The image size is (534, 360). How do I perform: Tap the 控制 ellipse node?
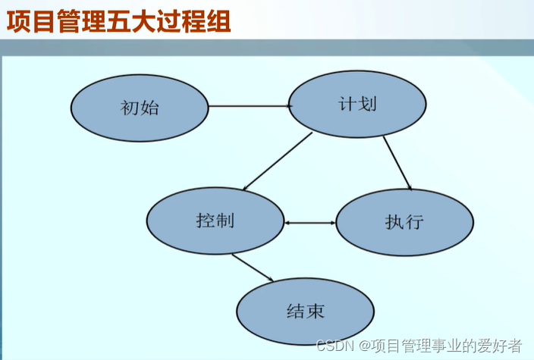pyautogui.click(x=215, y=221)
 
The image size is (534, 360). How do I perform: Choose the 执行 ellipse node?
pyautogui.click(x=404, y=223)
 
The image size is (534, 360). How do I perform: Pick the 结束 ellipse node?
pyautogui.click(x=306, y=310)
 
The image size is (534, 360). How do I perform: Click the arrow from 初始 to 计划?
pyautogui.click(x=250, y=106)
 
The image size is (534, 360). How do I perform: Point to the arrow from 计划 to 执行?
pyautogui.click(x=397, y=163)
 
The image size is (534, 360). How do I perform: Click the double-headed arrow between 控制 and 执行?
pyautogui.click(x=310, y=223)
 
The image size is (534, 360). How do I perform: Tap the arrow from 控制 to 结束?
pyautogui.click(x=253, y=268)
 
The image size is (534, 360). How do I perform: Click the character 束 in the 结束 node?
pyautogui.click(x=316, y=311)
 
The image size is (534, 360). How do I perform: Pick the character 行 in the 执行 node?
pyautogui.click(x=414, y=223)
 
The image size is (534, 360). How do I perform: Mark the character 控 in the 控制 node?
pyautogui.click(x=205, y=221)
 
